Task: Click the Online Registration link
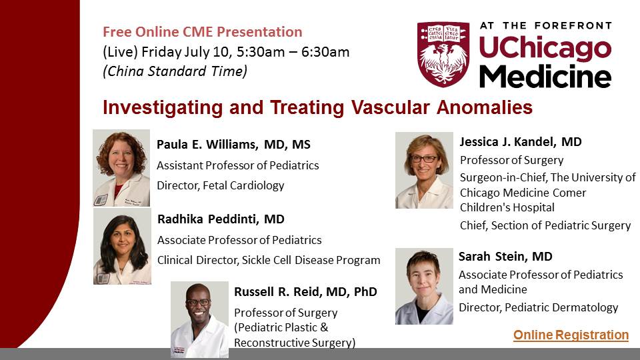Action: point(571,335)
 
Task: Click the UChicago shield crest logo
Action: point(443,54)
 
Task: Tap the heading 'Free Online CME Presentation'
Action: point(203,32)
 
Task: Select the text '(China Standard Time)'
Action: point(175,71)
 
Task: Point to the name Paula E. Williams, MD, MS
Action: point(233,145)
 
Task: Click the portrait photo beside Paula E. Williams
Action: point(121,168)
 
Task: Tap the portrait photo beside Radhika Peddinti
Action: point(122,246)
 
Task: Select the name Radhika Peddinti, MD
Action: point(221,219)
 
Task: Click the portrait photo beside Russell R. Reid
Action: point(199,319)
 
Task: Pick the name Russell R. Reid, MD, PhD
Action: point(306,292)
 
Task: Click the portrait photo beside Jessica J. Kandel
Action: point(424,170)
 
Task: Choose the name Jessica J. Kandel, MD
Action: point(521,141)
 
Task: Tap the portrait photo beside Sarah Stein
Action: point(424,286)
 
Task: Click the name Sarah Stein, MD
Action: point(505,256)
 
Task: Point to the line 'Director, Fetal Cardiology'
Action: point(221,186)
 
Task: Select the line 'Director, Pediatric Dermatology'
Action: point(539,307)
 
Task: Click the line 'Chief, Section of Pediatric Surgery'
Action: point(545,225)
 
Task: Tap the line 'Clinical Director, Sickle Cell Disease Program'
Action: point(269,261)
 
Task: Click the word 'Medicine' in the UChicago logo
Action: point(545,76)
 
